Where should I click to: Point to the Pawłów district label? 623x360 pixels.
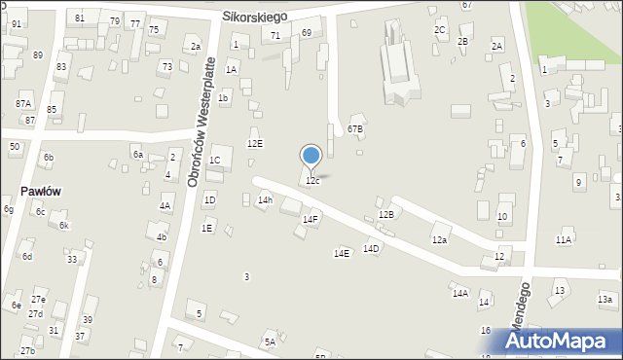click(40, 191)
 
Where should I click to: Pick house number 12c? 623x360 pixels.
click(311, 181)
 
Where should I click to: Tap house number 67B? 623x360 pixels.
click(355, 128)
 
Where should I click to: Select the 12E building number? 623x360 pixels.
click(254, 143)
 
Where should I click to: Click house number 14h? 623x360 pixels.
click(265, 200)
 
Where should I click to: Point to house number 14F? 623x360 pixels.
click(310, 220)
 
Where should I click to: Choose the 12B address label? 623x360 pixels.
click(385, 214)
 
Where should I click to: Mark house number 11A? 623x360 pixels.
click(564, 239)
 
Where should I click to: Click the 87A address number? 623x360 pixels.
click(23, 103)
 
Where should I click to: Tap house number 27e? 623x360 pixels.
click(38, 300)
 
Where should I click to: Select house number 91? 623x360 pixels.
click(16, 23)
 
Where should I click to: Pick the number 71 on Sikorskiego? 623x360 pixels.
click(275, 35)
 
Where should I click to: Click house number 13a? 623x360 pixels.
click(605, 300)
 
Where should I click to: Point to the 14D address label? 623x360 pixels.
click(371, 248)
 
